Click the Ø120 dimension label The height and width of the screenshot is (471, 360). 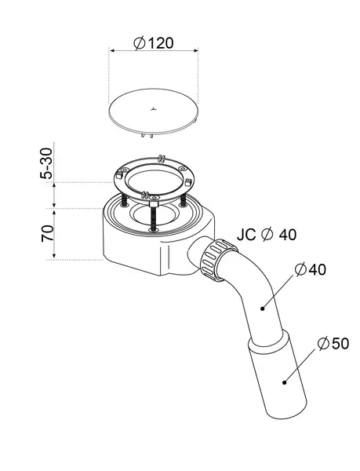[x=153, y=43]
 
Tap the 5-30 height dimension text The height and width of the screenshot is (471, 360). [x=46, y=164]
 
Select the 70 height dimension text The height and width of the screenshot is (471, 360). [x=47, y=233]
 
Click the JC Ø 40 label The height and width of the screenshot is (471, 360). [x=267, y=235]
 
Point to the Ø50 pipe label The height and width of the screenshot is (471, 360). [x=333, y=343]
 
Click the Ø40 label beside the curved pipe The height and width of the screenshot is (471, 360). [x=310, y=269]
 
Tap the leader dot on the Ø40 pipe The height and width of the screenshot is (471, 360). [x=263, y=309]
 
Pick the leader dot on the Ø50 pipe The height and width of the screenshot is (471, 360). [x=284, y=382]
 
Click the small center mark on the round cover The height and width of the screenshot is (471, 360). [x=153, y=109]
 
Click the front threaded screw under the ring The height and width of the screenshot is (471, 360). [x=153, y=218]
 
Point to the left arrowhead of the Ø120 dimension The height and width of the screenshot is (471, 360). [x=112, y=50]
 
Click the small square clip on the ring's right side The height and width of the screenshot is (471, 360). [x=188, y=182]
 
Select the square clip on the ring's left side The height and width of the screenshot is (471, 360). [x=119, y=174]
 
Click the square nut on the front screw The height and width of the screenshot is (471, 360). [x=153, y=204]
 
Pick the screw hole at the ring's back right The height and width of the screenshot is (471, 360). [x=181, y=169]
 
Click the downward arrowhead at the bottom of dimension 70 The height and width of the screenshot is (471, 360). [x=54, y=256]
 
